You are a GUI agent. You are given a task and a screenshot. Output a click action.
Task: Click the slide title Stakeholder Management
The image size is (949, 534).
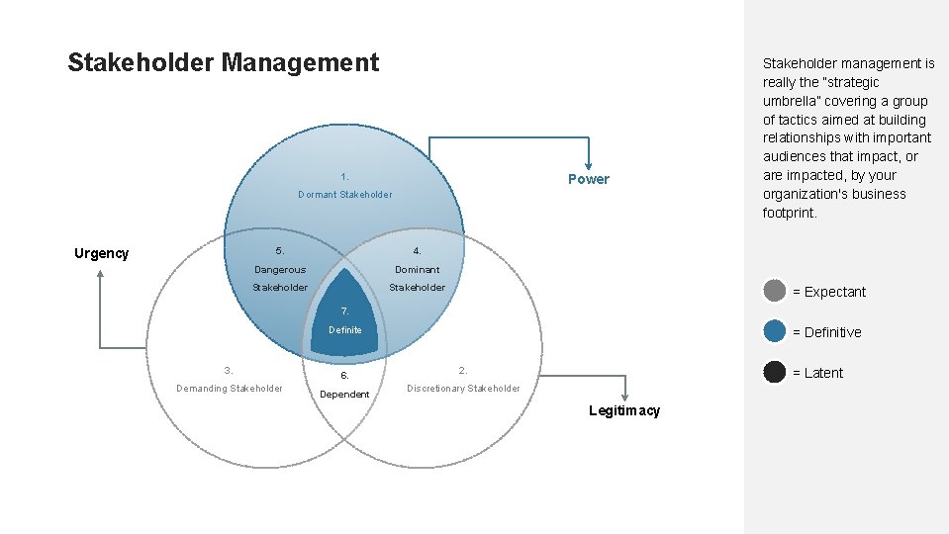pos(223,63)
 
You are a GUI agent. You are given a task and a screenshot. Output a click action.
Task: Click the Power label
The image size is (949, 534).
pos(588,179)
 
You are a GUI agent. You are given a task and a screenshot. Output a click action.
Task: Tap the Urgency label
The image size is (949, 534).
pos(101,253)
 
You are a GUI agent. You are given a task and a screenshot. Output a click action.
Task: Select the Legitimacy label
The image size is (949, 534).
pos(623,410)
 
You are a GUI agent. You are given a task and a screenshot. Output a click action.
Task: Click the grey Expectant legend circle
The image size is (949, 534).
pos(775,291)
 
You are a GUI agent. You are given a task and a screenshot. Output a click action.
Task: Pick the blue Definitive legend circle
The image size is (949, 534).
pos(775,331)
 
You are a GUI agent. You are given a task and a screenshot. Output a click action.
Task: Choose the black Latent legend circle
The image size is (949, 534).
pos(775,372)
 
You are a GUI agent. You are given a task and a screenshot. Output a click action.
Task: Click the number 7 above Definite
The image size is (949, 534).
pos(344,311)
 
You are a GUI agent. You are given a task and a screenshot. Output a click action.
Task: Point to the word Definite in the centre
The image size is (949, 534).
pos(344,330)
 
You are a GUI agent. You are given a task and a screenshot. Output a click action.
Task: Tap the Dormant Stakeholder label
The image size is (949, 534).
pos(344,195)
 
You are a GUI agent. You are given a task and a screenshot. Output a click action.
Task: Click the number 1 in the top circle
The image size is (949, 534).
pos(344,177)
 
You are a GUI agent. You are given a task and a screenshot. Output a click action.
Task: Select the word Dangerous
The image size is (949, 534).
pos(280,270)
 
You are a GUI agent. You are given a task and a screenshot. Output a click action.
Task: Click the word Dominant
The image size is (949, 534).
pos(417,270)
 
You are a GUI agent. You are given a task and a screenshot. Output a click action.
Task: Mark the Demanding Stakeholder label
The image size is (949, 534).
pos(229,389)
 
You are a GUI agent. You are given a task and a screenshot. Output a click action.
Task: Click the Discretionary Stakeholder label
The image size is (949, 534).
pos(463,389)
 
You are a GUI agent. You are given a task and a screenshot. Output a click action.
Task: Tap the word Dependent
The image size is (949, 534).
pos(344,395)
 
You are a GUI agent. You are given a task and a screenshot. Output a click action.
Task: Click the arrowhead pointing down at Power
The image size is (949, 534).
pos(589,164)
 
